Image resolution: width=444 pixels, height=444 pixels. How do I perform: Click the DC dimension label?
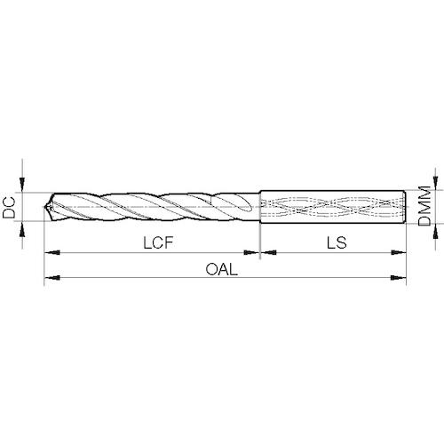click(x=9, y=208)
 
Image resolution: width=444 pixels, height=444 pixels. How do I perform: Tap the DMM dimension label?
click(x=424, y=206)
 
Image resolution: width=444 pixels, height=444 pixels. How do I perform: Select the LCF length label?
click(x=158, y=243)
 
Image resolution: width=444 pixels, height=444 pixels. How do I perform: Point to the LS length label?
click(x=337, y=242)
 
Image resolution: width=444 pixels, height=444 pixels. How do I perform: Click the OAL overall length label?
click(x=222, y=269)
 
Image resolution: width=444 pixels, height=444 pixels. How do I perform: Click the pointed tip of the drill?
click(x=44, y=207)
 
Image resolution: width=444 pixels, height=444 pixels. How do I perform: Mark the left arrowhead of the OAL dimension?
click(x=52, y=278)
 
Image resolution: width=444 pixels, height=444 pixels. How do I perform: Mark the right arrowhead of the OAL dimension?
click(x=399, y=278)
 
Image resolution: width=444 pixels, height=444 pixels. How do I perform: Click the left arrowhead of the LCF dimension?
click(x=52, y=252)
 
